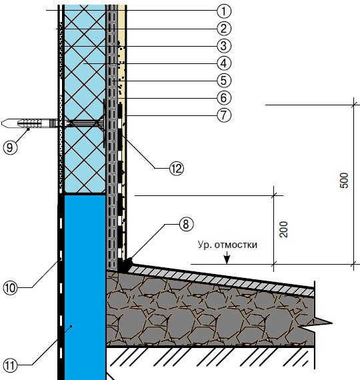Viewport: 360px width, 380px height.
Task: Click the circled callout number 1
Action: point(224,11)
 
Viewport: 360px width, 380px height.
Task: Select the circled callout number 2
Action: point(224,29)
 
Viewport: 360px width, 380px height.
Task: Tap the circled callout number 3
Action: point(224,46)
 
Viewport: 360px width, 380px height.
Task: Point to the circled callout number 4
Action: point(224,63)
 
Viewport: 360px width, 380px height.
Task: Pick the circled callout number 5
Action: point(224,81)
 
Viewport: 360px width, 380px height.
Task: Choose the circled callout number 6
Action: point(224,98)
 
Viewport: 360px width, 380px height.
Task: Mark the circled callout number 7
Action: point(224,115)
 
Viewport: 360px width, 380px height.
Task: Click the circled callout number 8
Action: point(186,224)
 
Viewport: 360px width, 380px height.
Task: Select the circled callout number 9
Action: point(10,147)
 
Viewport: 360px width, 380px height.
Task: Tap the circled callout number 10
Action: point(10,288)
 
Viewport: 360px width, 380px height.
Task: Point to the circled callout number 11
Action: point(10,365)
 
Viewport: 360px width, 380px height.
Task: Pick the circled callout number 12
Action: point(177,169)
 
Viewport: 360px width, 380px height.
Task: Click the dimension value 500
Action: point(344,180)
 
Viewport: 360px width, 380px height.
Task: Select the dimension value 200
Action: point(283,229)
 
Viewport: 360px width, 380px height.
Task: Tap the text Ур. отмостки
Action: point(227,245)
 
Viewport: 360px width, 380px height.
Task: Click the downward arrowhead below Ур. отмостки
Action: point(227,259)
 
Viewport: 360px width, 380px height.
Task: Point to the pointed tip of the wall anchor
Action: point(2,123)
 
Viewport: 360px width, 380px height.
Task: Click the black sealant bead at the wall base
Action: point(126,265)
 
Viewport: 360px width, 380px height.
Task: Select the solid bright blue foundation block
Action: point(85,287)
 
